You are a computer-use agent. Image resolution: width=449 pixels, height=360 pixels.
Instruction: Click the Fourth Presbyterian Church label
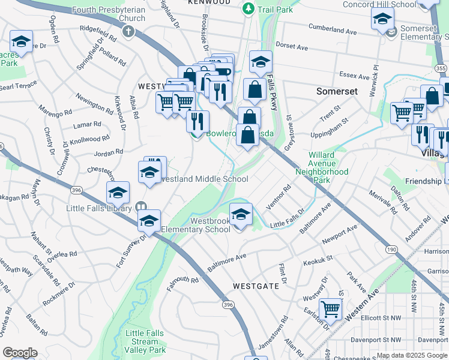tap(108, 14)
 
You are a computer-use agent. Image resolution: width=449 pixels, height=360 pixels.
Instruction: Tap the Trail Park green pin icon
tap(248, 10)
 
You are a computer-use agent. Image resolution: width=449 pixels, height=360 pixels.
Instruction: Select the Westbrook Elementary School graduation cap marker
tap(241, 214)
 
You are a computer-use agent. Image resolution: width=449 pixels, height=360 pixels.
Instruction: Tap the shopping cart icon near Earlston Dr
tap(330, 309)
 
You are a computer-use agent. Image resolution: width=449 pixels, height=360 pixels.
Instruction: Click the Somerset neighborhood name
tap(337, 91)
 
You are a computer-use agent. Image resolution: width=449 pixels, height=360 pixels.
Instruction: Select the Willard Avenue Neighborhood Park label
tap(322, 167)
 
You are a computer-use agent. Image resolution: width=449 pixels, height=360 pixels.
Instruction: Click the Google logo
tap(20, 353)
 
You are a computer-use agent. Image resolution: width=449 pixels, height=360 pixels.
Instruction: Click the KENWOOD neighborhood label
tap(209, 2)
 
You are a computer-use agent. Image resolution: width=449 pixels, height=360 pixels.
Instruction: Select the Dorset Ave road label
tap(291, 46)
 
